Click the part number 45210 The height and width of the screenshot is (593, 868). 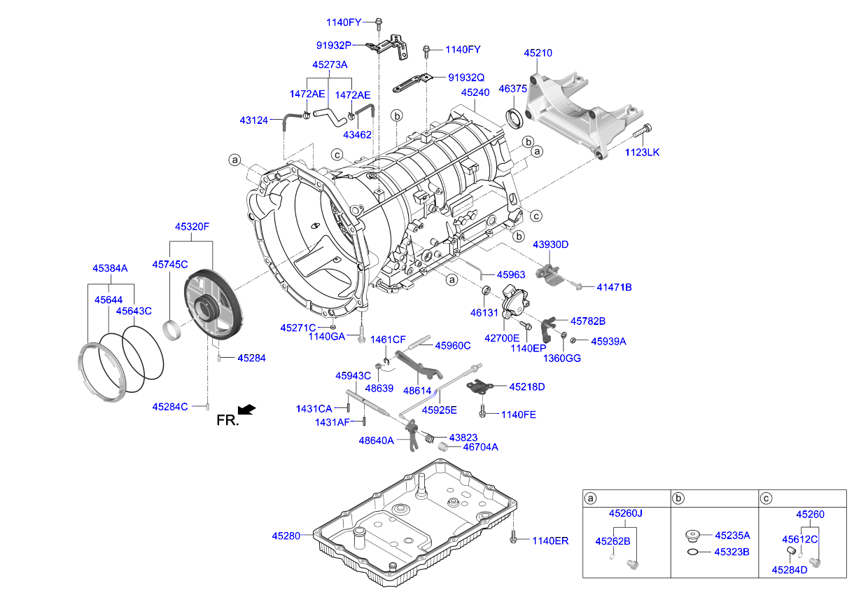coord(538,53)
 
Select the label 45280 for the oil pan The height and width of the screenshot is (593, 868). coord(286,536)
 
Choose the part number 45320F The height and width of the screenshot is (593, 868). coord(192,226)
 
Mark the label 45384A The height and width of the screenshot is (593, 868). coord(111,268)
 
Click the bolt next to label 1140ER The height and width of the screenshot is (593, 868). coord(513,538)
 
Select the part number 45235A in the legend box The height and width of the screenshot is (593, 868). coord(732,536)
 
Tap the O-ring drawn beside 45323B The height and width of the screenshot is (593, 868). coord(692,552)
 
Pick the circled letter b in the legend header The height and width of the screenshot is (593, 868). coord(678,498)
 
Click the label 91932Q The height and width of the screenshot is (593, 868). coord(466,78)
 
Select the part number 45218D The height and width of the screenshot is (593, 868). coord(526,386)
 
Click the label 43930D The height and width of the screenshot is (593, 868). coord(551,244)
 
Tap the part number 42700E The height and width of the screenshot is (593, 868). coord(502,337)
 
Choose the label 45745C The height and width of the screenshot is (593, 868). coord(170,264)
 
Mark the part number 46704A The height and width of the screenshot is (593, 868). coord(480,447)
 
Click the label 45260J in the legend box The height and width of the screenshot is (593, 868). coord(625,513)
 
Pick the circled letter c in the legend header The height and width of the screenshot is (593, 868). coord(766,498)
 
